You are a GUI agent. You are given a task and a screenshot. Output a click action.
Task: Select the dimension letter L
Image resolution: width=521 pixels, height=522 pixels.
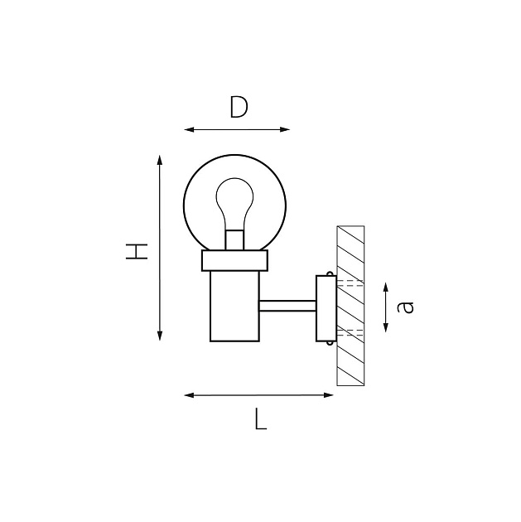coord(260,420)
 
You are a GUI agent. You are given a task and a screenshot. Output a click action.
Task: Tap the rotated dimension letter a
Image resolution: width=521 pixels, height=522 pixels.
coord(405,307)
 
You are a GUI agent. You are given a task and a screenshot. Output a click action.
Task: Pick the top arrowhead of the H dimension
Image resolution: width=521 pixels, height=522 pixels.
coord(160,158)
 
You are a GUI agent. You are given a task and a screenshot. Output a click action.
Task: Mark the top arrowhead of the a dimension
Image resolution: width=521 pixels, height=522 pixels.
coord(387,287)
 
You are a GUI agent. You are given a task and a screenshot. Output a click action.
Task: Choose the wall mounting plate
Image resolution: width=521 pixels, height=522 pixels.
coord(326,308)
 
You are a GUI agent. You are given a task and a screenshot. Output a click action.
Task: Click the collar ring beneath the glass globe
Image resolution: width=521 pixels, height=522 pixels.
coord(236,262)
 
